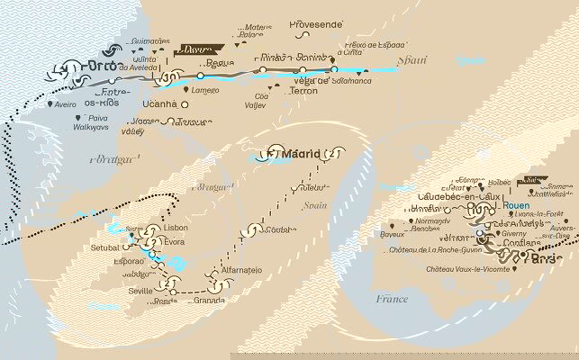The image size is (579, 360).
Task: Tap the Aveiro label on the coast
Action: click(65, 104)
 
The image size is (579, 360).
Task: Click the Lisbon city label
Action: click(176, 229)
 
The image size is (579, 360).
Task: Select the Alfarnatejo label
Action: click(244, 270)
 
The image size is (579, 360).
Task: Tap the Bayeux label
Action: click(393, 234)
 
